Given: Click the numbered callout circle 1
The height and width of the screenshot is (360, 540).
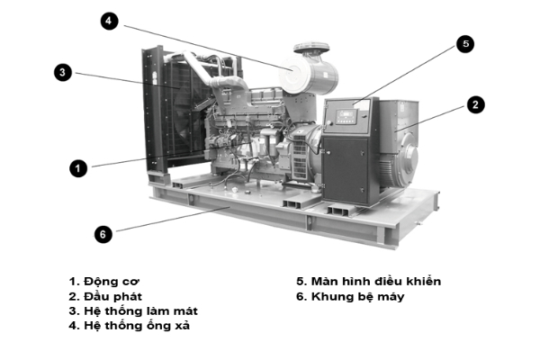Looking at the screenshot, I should pos(79,167).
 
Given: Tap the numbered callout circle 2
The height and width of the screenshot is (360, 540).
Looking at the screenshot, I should pos(475,104).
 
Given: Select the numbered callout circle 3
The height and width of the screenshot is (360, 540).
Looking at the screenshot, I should pos(62,72).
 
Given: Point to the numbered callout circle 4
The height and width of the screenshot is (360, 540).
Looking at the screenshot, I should pos(110,21).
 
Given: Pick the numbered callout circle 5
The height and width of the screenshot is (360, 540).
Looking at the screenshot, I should pos(464,43).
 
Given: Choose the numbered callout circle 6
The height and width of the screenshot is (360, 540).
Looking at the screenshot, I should pos(103,233).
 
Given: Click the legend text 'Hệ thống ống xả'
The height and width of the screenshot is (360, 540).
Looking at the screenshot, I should pos(142,325).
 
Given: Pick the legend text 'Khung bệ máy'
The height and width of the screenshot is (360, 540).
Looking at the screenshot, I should pos(363,296).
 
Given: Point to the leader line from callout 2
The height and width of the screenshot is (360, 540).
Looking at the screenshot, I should pos(430,119).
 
